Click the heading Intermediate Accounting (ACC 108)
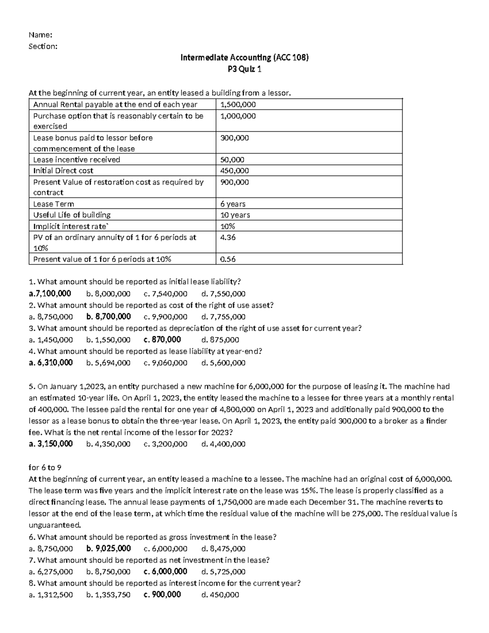(244, 57)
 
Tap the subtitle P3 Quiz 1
(244, 69)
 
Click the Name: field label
(40, 35)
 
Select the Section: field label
(43, 46)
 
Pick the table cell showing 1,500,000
(238, 104)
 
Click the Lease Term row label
(53, 204)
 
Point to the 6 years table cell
(233, 204)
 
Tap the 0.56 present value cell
(228, 259)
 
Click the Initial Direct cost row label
(63, 170)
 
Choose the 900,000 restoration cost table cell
(234, 182)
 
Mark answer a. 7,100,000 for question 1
(50, 293)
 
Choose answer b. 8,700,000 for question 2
(108, 316)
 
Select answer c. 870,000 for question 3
(162, 340)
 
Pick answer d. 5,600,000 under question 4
(223, 362)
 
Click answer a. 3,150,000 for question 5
(51, 443)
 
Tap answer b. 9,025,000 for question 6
(108, 548)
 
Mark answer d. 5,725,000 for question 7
(223, 571)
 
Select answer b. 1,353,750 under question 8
(108, 594)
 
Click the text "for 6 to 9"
(45, 467)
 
